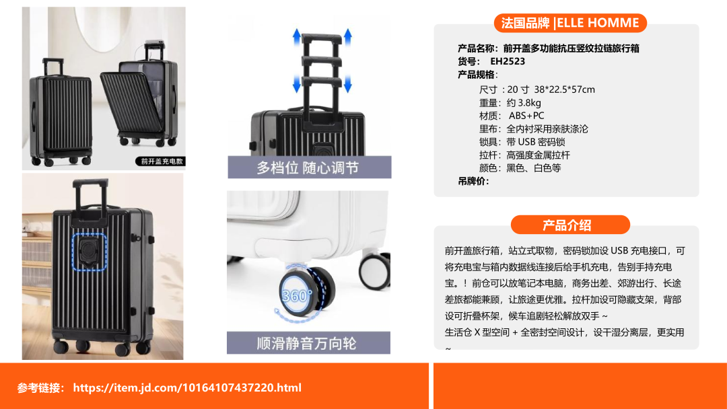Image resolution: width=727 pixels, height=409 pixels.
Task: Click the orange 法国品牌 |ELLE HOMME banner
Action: (x=570, y=23)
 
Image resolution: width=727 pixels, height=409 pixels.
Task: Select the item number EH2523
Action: (x=508, y=61)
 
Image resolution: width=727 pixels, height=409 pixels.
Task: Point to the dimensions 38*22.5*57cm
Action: (x=564, y=89)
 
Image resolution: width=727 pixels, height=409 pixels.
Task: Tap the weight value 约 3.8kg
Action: (x=524, y=103)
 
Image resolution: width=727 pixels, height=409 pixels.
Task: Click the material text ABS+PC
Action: (x=526, y=116)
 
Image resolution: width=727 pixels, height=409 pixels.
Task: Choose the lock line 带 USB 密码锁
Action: (x=536, y=142)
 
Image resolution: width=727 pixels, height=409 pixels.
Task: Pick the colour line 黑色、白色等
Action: (x=534, y=168)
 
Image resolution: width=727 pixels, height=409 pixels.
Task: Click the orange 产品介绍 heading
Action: (x=570, y=225)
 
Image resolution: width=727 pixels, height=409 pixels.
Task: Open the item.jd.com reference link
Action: (x=187, y=387)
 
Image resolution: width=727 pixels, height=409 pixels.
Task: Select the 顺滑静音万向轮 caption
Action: (x=306, y=343)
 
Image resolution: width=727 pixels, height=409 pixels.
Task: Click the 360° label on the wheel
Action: (x=298, y=295)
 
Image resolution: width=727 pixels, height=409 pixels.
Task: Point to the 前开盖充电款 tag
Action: (x=161, y=161)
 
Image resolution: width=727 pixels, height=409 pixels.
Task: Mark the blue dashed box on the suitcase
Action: (x=90, y=252)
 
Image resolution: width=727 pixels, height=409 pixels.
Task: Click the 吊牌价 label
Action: (x=473, y=181)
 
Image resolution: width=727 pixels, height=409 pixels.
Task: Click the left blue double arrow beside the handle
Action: (x=297, y=61)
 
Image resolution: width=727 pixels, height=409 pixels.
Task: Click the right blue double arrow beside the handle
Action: (x=348, y=61)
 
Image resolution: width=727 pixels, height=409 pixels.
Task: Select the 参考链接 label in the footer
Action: (x=41, y=387)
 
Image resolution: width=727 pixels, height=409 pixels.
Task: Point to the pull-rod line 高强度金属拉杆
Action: (x=539, y=155)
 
